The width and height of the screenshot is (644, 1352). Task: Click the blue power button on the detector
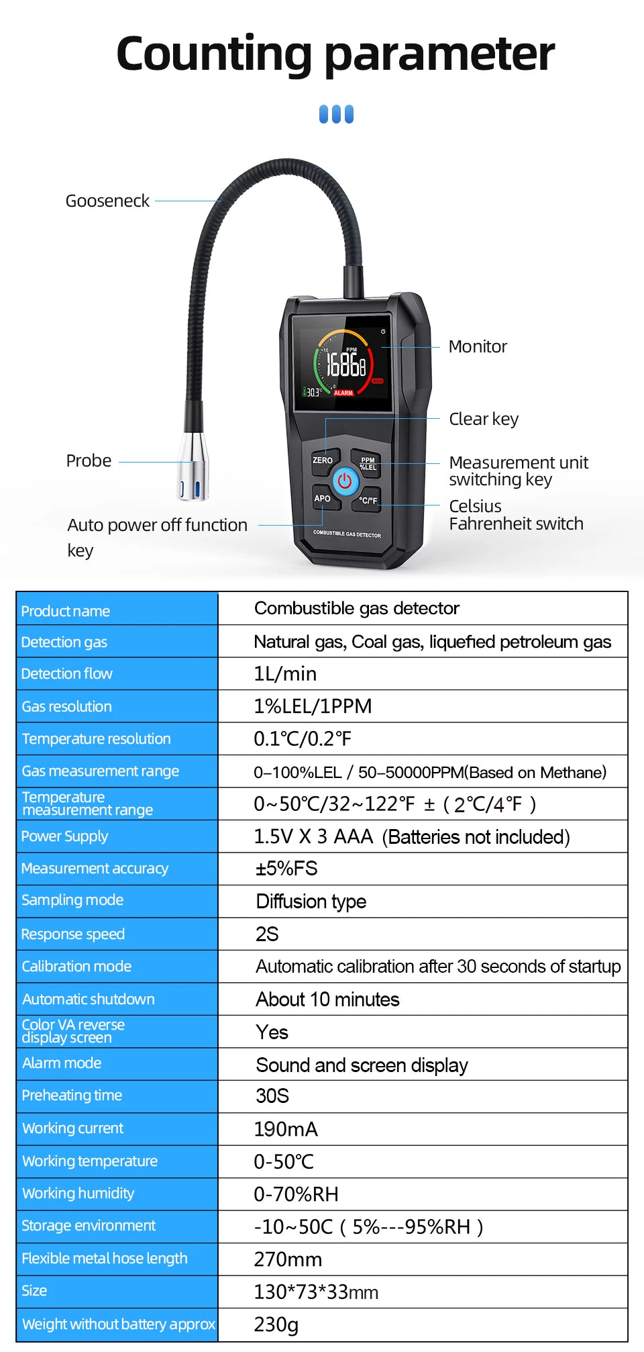(x=345, y=481)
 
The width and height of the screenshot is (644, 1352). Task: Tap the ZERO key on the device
(x=323, y=461)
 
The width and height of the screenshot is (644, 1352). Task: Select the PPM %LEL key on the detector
(x=368, y=464)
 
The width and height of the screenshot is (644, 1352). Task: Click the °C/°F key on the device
(x=368, y=500)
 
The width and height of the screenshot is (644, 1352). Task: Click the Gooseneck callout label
(x=107, y=201)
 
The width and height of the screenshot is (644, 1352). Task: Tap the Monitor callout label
(x=478, y=346)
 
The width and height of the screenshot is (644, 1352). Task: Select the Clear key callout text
(x=484, y=419)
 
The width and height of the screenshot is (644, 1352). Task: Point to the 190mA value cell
(x=286, y=1129)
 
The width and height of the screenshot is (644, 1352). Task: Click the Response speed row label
(x=73, y=934)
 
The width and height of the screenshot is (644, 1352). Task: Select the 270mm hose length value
(x=288, y=1259)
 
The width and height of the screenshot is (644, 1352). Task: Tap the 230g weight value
(x=276, y=1324)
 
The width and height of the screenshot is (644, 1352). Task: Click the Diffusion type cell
(x=311, y=901)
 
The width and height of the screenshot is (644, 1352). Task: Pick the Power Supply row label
(x=64, y=836)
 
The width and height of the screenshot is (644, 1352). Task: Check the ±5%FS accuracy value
(x=286, y=869)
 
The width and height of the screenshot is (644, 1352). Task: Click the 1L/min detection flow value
(x=285, y=673)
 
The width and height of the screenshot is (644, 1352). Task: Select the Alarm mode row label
(x=62, y=1063)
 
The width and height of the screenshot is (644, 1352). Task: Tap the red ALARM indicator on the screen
(x=343, y=393)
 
